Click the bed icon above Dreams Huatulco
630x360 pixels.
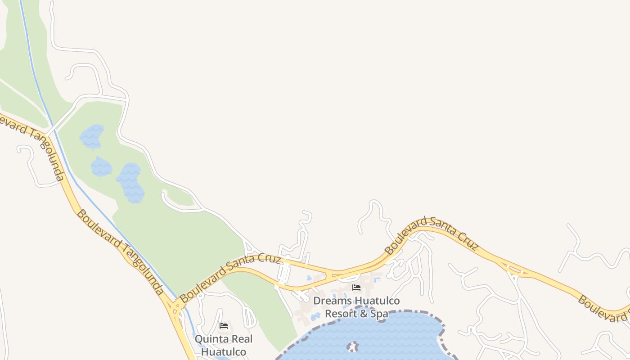tap(356, 288)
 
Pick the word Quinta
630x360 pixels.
tap(210, 339)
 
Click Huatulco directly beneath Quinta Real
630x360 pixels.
tap(224, 351)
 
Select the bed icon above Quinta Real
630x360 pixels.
tap(224, 326)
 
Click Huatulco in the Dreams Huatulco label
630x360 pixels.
tap(377, 301)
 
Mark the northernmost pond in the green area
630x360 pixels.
tap(92, 137)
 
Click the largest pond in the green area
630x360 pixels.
tap(131, 182)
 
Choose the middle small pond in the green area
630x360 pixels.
tap(101, 167)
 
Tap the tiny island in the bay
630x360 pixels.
tap(353, 347)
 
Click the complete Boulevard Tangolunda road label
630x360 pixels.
tap(120, 252)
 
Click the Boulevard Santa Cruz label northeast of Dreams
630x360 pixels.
tap(431, 234)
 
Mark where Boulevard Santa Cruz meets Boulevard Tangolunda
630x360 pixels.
tap(175, 307)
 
